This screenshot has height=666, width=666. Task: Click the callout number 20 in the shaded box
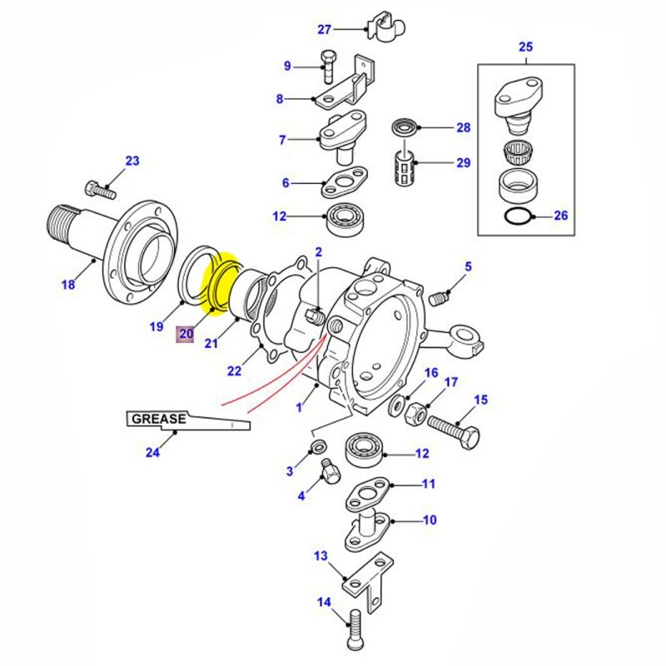[x=185, y=335]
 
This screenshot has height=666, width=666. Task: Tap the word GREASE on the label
[x=156, y=419]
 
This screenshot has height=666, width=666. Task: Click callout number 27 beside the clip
[x=325, y=30]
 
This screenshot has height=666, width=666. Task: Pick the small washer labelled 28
[x=405, y=128]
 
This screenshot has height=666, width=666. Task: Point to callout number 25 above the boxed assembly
[x=526, y=47]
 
